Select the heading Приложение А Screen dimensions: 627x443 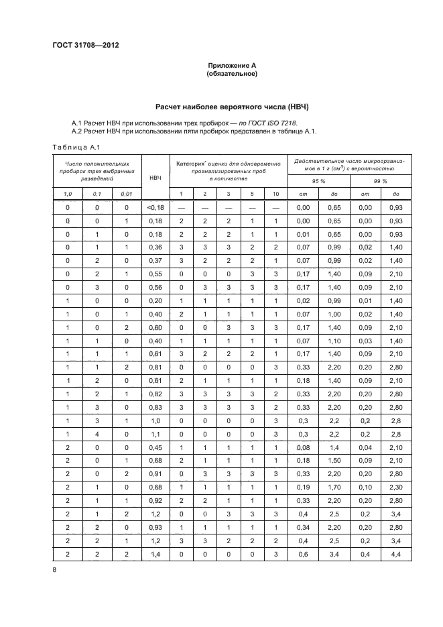(231, 65)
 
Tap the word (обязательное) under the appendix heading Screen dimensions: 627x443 (231, 73)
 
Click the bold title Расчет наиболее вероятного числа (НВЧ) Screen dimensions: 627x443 (231, 107)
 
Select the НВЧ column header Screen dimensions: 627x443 (155, 177)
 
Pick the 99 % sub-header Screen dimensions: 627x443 (381, 182)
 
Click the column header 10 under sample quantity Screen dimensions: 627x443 (275, 194)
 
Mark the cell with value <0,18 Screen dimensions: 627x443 (155, 209)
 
